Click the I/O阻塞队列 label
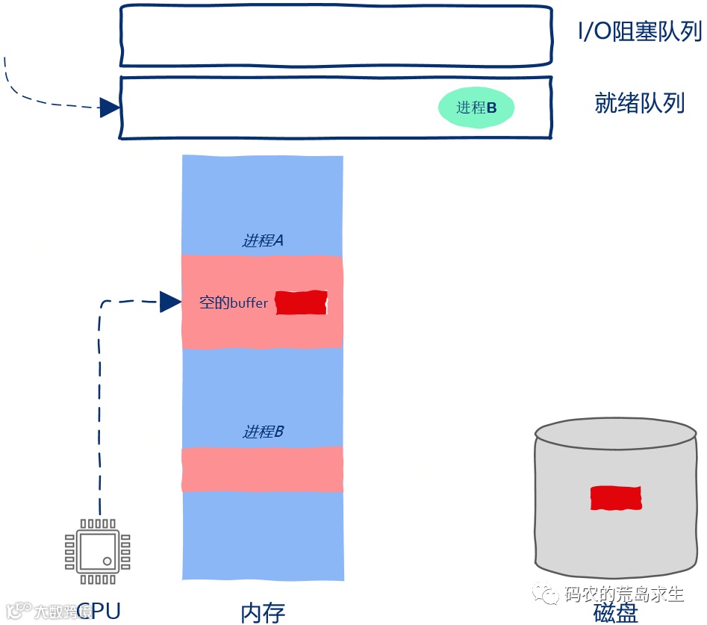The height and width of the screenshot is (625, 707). [x=641, y=32]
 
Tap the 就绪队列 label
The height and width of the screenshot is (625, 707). [x=639, y=103]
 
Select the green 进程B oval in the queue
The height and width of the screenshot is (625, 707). [x=476, y=108]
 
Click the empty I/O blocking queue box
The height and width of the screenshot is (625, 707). [x=336, y=36]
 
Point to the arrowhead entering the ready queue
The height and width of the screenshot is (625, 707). [x=110, y=108]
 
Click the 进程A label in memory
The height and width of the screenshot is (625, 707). [x=263, y=240]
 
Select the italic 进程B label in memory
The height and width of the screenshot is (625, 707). [x=263, y=432]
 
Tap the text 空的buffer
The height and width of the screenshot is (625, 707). [x=234, y=303]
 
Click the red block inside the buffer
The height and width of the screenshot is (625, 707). [x=302, y=302]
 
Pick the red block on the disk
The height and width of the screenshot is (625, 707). [x=616, y=498]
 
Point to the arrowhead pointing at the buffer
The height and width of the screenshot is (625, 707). [x=170, y=302]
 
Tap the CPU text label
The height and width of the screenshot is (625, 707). [x=99, y=611]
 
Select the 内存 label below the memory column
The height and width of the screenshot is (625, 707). [x=263, y=612]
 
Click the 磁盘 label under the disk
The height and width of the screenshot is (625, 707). [x=616, y=612]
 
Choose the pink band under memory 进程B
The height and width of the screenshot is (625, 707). [x=263, y=469]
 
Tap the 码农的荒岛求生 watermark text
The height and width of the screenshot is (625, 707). [x=624, y=594]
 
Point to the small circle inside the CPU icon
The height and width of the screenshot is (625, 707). [x=108, y=561]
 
